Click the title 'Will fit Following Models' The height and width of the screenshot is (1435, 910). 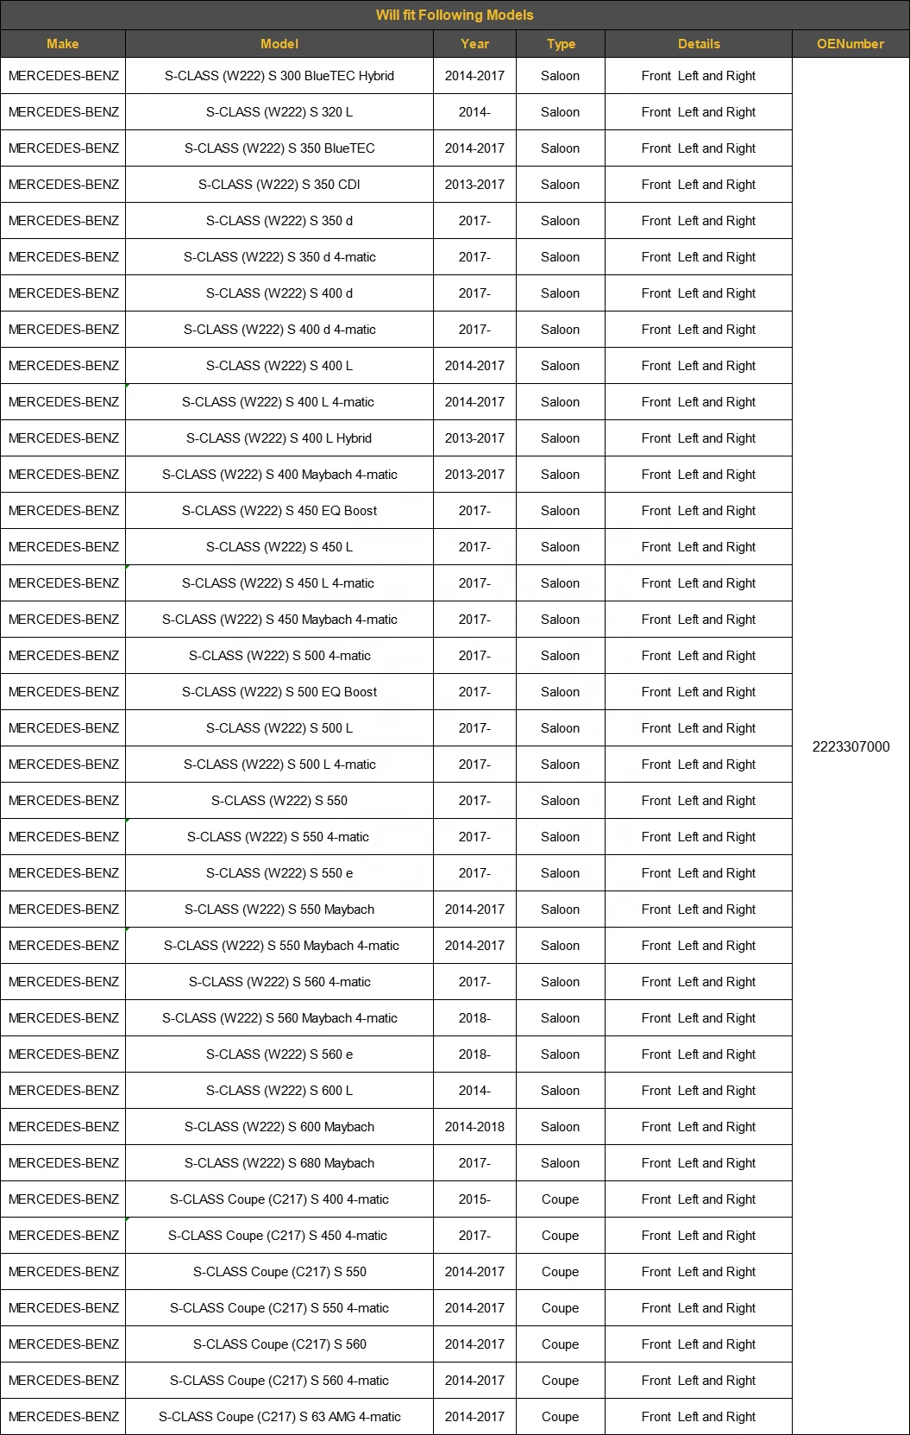pyautogui.click(x=455, y=15)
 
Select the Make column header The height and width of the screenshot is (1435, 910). pyautogui.click(x=63, y=44)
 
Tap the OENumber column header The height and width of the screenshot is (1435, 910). pyautogui.click(x=850, y=44)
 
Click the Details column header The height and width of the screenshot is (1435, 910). pyautogui.click(x=698, y=44)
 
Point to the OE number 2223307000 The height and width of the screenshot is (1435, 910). pyautogui.click(x=850, y=746)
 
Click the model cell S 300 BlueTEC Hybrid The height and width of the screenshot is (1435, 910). pyautogui.click(x=279, y=76)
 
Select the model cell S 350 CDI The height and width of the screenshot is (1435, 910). pyautogui.click(x=279, y=185)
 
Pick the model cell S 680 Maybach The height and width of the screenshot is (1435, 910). pyautogui.click(x=279, y=1163)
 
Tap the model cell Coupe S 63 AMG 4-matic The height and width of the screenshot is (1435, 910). pyautogui.click(x=279, y=1417)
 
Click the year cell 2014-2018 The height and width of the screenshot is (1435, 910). pyautogui.click(x=474, y=1127)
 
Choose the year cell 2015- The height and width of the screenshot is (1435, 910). pyautogui.click(x=474, y=1199)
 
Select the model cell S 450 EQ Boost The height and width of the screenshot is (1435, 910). pyautogui.click(x=279, y=511)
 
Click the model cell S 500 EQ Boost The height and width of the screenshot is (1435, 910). pyautogui.click(x=279, y=692)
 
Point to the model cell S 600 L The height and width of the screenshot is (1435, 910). pyautogui.click(x=279, y=1091)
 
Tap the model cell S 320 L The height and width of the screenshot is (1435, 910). pyautogui.click(x=279, y=112)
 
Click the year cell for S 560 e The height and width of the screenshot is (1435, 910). pyautogui.click(x=474, y=1054)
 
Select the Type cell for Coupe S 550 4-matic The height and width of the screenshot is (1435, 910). pyautogui.click(x=560, y=1308)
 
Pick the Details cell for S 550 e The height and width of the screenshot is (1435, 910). pyautogui.click(x=698, y=873)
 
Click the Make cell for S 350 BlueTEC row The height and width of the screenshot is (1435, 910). pyautogui.click(x=64, y=148)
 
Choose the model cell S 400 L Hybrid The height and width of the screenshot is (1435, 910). pyautogui.click(x=279, y=438)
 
